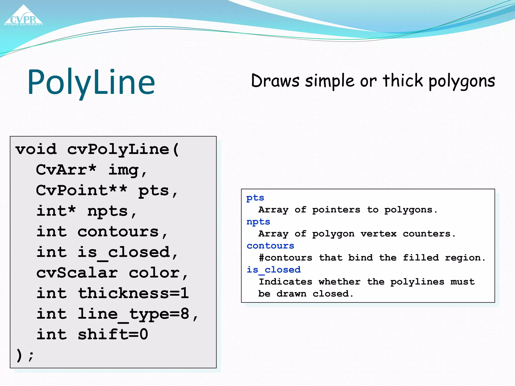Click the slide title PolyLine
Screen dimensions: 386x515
click(x=91, y=82)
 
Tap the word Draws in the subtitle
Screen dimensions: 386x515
click(x=275, y=81)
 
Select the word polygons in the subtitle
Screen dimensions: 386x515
click(x=462, y=81)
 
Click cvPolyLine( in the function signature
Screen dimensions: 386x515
click(x=123, y=149)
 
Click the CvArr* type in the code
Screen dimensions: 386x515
click(x=66, y=170)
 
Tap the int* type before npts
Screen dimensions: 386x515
click(x=56, y=211)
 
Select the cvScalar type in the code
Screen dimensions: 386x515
click(x=77, y=273)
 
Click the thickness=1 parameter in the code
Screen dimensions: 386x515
click(x=133, y=293)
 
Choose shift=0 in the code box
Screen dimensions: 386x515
click(x=113, y=334)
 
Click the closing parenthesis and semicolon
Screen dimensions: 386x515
click(x=25, y=355)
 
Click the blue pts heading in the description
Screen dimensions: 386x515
click(x=255, y=198)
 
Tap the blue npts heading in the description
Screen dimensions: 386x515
click(x=258, y=222)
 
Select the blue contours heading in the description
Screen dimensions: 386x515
click(x=270, y=246)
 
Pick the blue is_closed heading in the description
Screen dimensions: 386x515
click(x=273, y=270)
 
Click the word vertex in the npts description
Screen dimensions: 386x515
click(x=378, y=234)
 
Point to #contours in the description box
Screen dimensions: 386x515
click(x=285, y=258)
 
